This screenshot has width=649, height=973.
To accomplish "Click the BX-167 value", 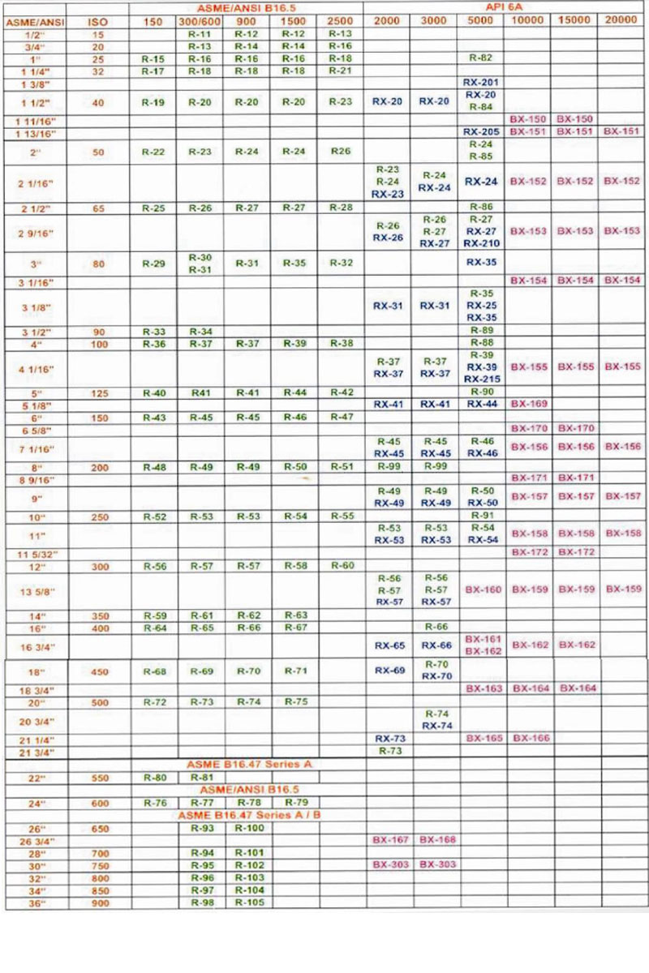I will pos(389,839).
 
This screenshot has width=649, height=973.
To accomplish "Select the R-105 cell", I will pos(249,903).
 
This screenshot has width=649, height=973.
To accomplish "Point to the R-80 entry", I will pos(154,778).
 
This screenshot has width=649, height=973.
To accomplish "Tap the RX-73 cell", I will pos(389,739).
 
